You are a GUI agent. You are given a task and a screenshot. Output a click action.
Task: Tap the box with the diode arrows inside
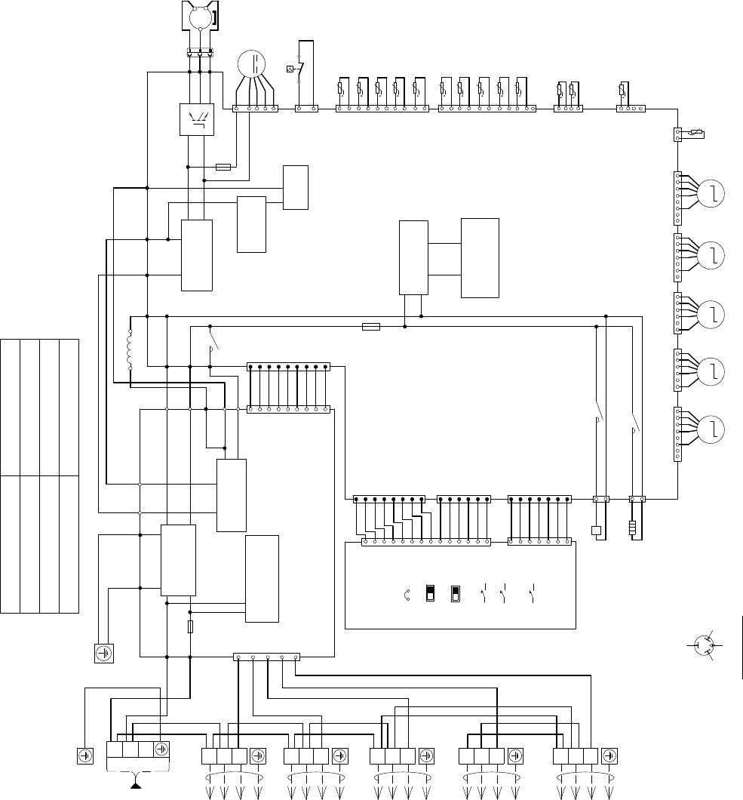coord(197,118)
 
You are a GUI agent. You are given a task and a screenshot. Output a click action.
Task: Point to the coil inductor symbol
coord(130,349)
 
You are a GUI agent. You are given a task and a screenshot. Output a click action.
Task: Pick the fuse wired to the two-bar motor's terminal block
coord(223,166)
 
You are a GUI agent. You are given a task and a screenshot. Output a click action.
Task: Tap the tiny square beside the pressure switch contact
coord(290,69)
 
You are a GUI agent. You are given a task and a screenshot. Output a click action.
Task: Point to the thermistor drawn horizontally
coord(694,135)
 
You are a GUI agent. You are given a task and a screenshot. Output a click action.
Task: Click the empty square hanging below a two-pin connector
coord(596,530)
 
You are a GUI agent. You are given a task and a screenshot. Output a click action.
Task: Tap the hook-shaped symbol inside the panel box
coord(407,593)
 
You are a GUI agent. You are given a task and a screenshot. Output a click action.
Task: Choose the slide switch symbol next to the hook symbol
coord(430,592)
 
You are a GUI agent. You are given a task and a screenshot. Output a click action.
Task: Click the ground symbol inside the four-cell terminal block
coord(161,749)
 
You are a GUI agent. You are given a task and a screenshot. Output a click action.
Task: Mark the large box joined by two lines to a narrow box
coord(480,258)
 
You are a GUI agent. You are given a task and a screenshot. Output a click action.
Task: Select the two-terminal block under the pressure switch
coord(306,109)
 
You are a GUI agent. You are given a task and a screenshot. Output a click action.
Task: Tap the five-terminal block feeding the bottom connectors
coord(266,657)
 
